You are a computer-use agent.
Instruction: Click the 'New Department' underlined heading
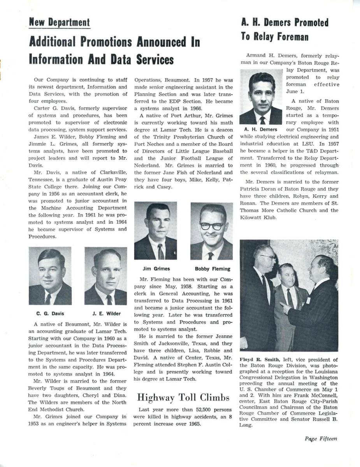pyautogui.click(x=59, y=23)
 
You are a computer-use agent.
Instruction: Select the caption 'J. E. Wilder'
pyautogui.click(x=106, y=314)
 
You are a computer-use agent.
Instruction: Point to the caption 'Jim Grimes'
pyautogui.click(x=156, y=269)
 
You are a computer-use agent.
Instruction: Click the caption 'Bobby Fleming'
pyautogui.click(x=212, y=269)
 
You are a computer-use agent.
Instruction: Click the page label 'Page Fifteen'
pyautogui.click(x=321, y=439)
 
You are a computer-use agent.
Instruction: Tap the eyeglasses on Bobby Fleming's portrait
pyautogui.click(x=211, y=226)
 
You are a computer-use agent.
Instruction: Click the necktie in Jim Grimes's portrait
pyautogui.click(x=160, y=251)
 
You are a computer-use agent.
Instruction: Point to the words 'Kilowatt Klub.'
pyautogui.click(x=258, y=218)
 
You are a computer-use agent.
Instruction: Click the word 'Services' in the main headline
pyautogui.click(x=155, y=60)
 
